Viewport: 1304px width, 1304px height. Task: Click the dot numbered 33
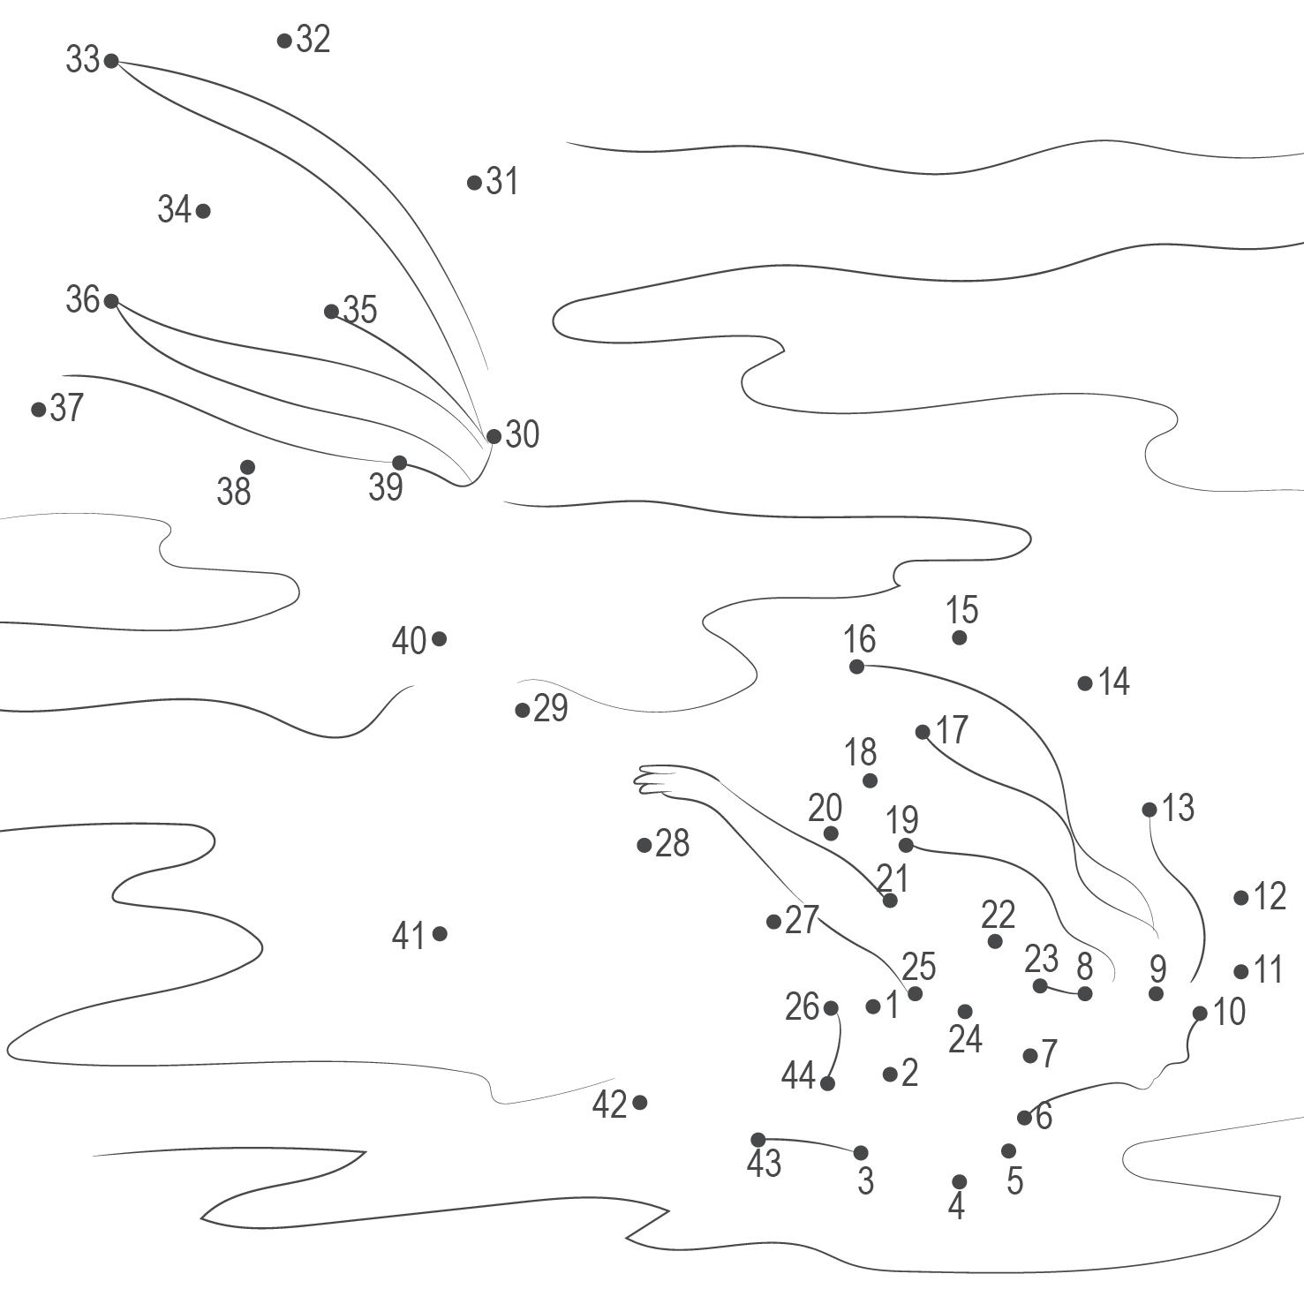(111, 61)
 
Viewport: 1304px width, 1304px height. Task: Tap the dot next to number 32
(284, 41)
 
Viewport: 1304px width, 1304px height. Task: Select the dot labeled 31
(474, 183)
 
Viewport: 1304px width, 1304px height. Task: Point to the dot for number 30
(494, 436)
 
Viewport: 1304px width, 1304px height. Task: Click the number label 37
(67, 408)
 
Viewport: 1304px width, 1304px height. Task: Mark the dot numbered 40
(439, 639)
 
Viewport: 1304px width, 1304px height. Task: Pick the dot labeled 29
(523, 710)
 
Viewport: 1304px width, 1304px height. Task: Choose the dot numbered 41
(440, 934)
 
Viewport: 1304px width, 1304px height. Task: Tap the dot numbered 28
(644, 846)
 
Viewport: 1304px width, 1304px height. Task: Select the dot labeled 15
(960, 637)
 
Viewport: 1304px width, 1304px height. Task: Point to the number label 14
(1114, 682)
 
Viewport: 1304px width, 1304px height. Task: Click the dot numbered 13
(1149, 810)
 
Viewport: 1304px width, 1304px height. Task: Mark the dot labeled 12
(1241, 898)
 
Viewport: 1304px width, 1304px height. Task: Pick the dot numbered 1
(873, 1006)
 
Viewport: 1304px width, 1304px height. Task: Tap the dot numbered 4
(960, 1182)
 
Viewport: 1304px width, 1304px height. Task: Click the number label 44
(797, 1076)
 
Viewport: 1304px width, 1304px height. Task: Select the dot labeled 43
(758, 1140)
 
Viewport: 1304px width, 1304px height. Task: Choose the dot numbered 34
(203, 211)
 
